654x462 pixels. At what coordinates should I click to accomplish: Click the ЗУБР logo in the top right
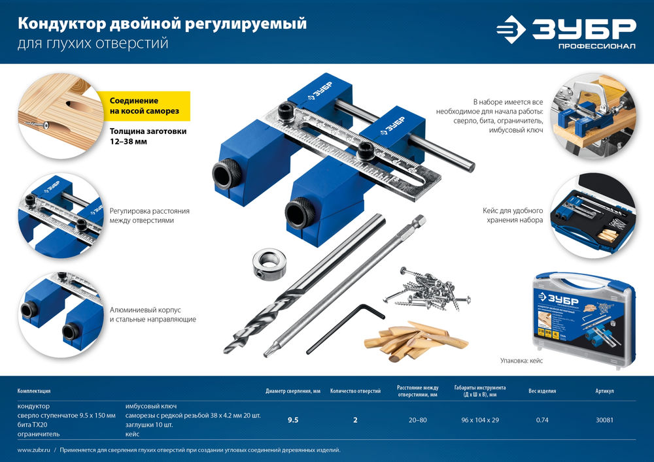pyautogui.click(x=566, y=31)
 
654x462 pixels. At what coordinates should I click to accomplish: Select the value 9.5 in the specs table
pyautogui.click(x=293, y=420)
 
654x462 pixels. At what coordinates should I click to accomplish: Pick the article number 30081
pyautogui.click(x=604, y=420)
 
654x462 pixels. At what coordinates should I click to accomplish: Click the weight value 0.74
pyautogui.click(x=542, y=420)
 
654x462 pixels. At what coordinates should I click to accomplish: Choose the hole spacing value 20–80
pyautogui.click(x=417, y=420)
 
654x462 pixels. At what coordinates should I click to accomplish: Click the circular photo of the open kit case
pyautogui.click(x=592, y=216)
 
